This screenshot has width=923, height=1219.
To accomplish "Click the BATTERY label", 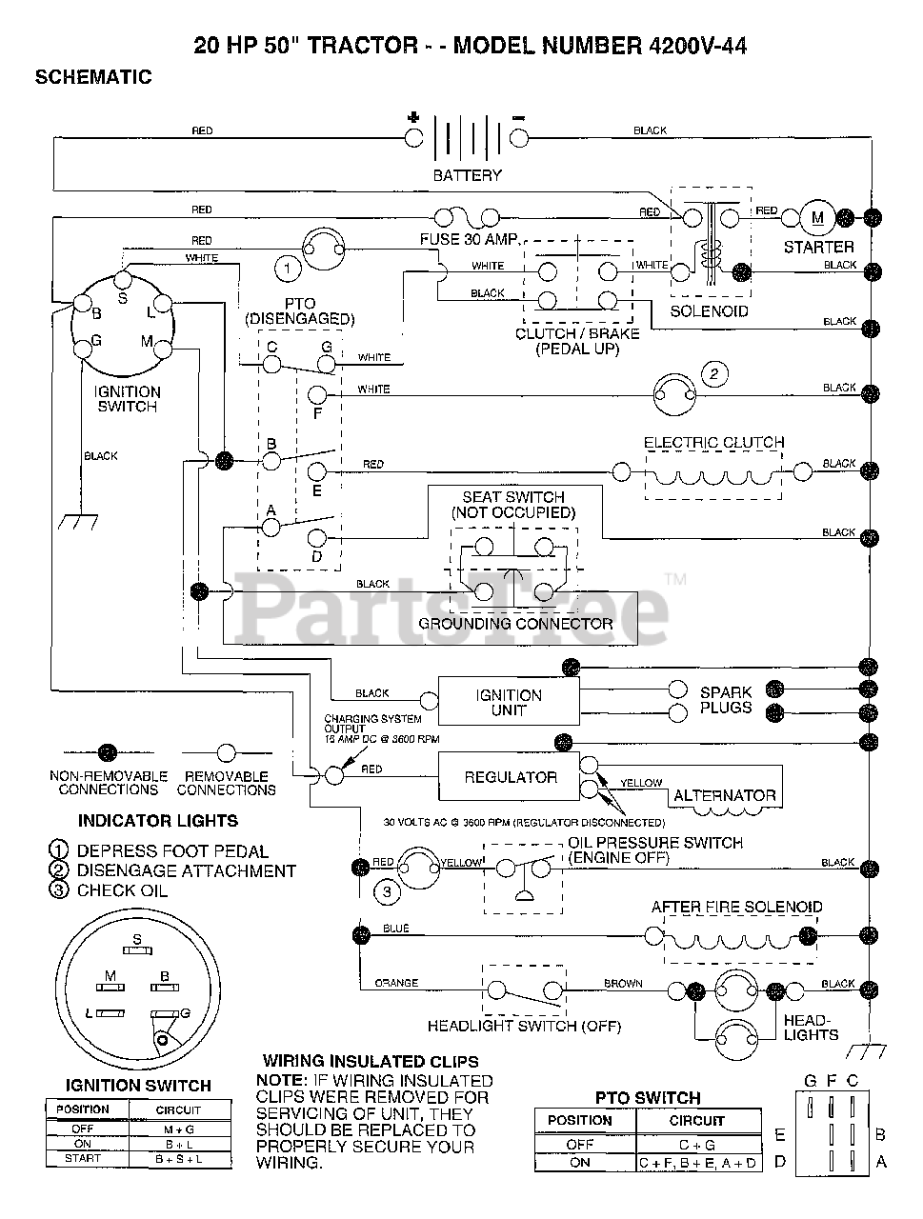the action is (x=467, y=175).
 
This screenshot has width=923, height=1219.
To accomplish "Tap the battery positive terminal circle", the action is (x=413, y=138).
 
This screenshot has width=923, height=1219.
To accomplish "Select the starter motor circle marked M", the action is (x=817, y=218).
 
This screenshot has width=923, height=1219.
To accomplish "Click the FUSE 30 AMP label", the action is (x=470, y=239).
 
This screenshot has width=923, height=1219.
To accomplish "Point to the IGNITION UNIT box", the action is (x=509, y=701).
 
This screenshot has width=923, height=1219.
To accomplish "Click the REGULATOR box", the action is (x=509, y=776).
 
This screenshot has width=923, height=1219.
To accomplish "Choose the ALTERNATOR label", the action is (x=724, y=795).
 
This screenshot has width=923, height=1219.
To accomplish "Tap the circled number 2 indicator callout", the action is (x=713, y=373).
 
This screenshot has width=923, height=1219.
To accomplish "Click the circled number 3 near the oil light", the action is (x=387, y=892).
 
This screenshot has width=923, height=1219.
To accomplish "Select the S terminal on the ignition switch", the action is (x=123, y=279).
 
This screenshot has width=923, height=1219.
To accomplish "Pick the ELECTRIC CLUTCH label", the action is (x=713, y=443).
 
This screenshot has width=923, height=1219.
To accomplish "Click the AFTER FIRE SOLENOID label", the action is (x=736, y=907).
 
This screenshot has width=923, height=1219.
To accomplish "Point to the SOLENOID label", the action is (x=709, y=311).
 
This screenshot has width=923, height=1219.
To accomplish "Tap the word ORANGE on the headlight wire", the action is (x=396, y=983).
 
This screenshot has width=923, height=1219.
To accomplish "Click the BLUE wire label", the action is (x=396, y=929).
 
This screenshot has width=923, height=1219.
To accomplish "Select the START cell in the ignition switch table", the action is (x=83, y=1158).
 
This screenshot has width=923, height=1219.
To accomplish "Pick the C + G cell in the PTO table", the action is (x=697, y=1145).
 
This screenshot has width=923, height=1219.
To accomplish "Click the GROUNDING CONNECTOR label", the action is (x=515, y=624).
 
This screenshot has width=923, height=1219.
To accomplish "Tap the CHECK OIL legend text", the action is (x=122, y=890).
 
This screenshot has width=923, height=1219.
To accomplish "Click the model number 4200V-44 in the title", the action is (x=697, y=46).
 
